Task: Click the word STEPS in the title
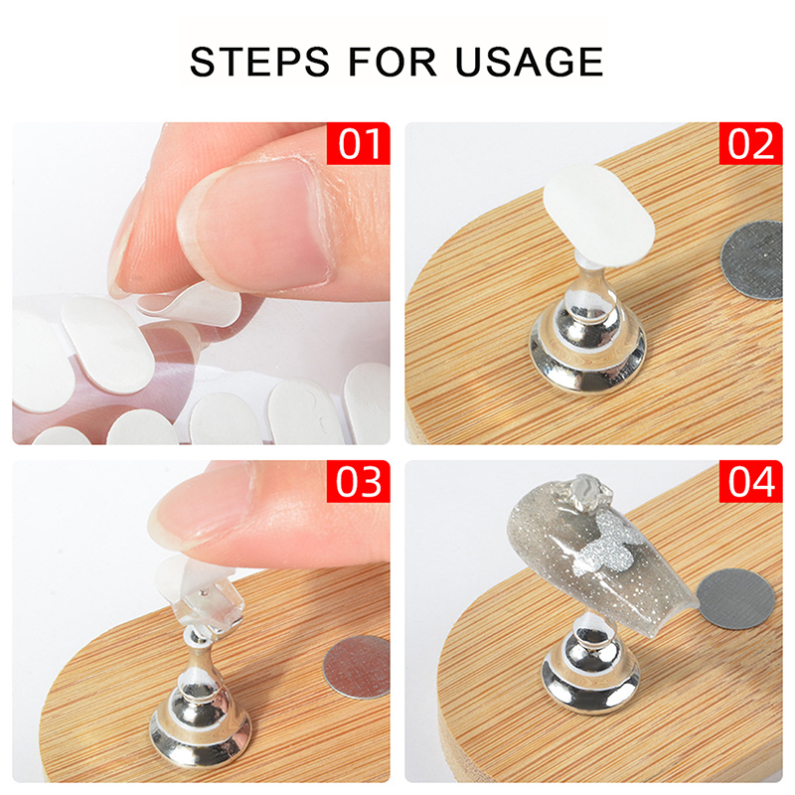(259, 62)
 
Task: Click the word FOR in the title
(393, 62)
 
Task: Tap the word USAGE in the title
(529, 62)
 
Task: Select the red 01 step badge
(359, 143)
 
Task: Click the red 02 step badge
(751, 143)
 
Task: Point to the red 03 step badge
(359, 481)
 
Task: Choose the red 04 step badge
(751, 481)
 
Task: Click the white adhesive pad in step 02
(599, 216)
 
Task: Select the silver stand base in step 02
(588, 340)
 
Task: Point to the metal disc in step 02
(752, 259)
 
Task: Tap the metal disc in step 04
(736, 598)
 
